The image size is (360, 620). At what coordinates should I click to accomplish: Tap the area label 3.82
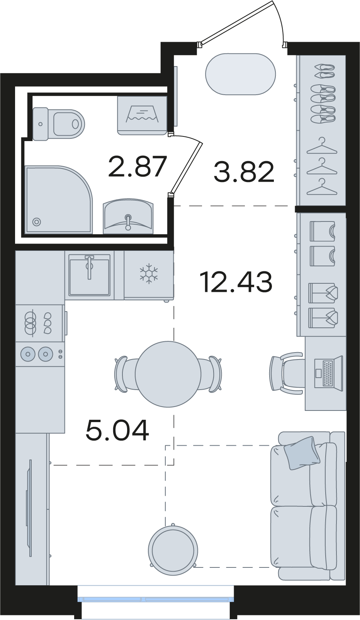(244, 172)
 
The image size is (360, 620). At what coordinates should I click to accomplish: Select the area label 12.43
(236, 282)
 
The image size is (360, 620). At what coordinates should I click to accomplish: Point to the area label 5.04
(117, 430)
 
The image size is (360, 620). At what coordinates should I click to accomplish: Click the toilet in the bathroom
(58, 124)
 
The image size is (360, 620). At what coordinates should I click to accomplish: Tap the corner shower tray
(59, 199)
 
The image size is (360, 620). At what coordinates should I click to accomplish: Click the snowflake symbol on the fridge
(149, 273)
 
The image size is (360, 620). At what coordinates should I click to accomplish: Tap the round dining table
(168, 374)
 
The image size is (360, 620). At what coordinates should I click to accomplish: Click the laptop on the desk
(329, 373)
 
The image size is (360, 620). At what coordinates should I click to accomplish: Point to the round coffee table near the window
(173, 550)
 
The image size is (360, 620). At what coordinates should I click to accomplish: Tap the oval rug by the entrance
(241, 74)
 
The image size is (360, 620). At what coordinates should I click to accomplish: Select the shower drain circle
(36, 222)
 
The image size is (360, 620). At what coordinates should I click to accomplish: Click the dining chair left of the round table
(125, 374)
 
